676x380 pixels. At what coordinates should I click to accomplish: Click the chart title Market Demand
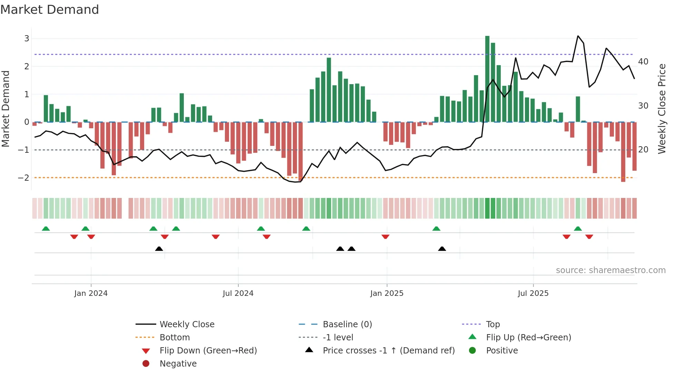click(50, 10)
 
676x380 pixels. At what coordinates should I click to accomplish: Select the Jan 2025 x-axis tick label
click(387, 293)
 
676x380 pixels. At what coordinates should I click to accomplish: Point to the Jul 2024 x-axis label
click(238, 293)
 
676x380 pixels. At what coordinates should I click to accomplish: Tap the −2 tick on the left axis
click(24, 178)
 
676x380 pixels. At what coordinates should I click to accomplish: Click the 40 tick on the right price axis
click(643, 62)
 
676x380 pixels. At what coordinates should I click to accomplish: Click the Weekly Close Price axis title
click(662, 109)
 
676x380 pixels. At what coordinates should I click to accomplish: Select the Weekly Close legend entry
click(187, 324)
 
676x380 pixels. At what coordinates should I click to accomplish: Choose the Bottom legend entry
click(175, 337)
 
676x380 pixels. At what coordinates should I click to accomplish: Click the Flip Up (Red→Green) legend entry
click(528, 337)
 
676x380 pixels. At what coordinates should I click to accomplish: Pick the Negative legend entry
click(178, 363)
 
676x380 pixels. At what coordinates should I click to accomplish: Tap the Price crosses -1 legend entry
click(388, 350)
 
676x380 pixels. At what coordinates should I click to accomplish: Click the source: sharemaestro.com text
click(610, 270)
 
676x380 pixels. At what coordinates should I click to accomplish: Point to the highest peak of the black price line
click(578, 36)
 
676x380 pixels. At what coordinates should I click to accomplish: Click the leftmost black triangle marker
click(159, 249)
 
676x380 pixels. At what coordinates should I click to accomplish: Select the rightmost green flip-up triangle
click(578, 229)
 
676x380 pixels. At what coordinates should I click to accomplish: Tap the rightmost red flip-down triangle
click(589, 237)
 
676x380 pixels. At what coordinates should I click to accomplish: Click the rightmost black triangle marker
click(442, 249)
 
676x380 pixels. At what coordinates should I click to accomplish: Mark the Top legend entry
click(493, 324)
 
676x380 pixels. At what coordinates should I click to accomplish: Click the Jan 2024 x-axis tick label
click(91, 293)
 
